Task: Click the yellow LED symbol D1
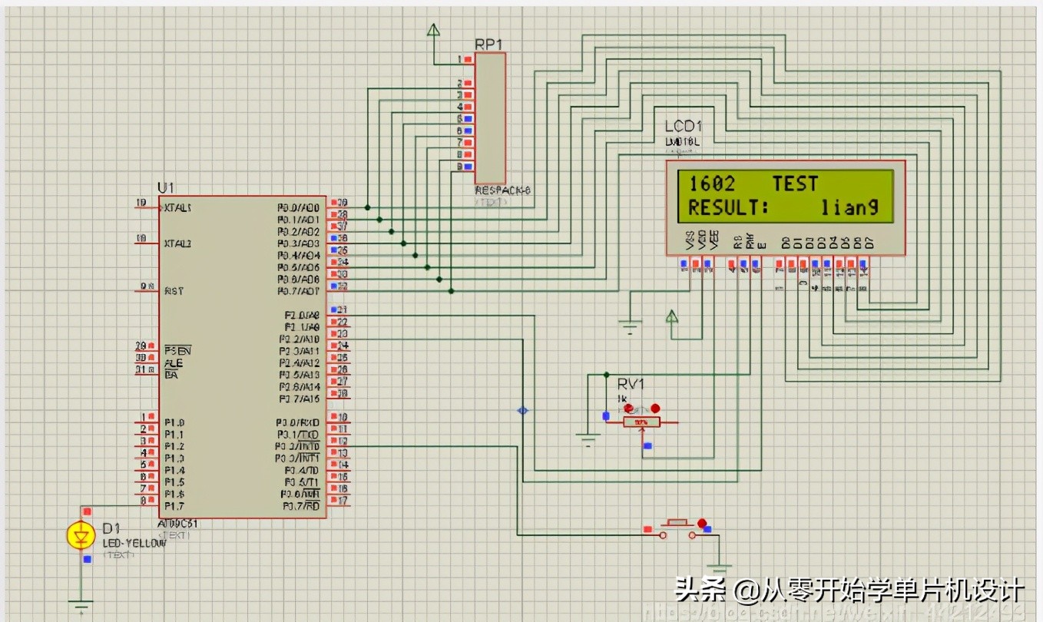coord(81,535)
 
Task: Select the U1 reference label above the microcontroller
coord(166,188)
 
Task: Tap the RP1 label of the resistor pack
coord(488,45)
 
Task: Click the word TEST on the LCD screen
coord(795,184)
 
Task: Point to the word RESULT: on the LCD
coord(727,207)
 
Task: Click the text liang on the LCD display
coord(849,207)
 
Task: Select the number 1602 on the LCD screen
coord(712,184)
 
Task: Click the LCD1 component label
coord(684,126)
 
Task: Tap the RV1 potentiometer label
coord(631,384)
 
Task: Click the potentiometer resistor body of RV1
coord(641,422)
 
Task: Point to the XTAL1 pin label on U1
coord(177,208)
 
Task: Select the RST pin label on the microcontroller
coord(174,291)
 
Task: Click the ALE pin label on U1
coord(174,362)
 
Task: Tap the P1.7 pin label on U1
coord(174,506)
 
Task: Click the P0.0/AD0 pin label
coord(299,208)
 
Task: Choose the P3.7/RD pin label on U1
coord(300,506)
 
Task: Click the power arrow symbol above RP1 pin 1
coord(434,31)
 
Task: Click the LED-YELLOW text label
coord(134,544)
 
